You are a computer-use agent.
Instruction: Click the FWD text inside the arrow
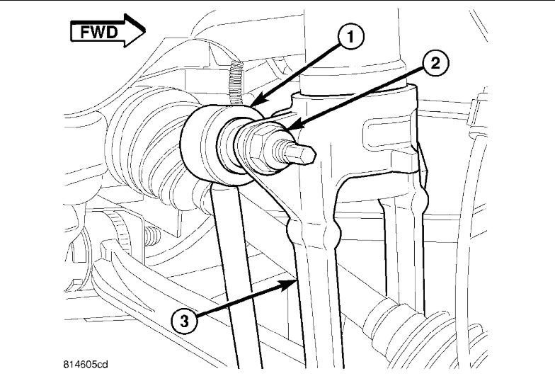point(99,31)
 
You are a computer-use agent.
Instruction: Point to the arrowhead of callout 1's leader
point(250,106)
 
